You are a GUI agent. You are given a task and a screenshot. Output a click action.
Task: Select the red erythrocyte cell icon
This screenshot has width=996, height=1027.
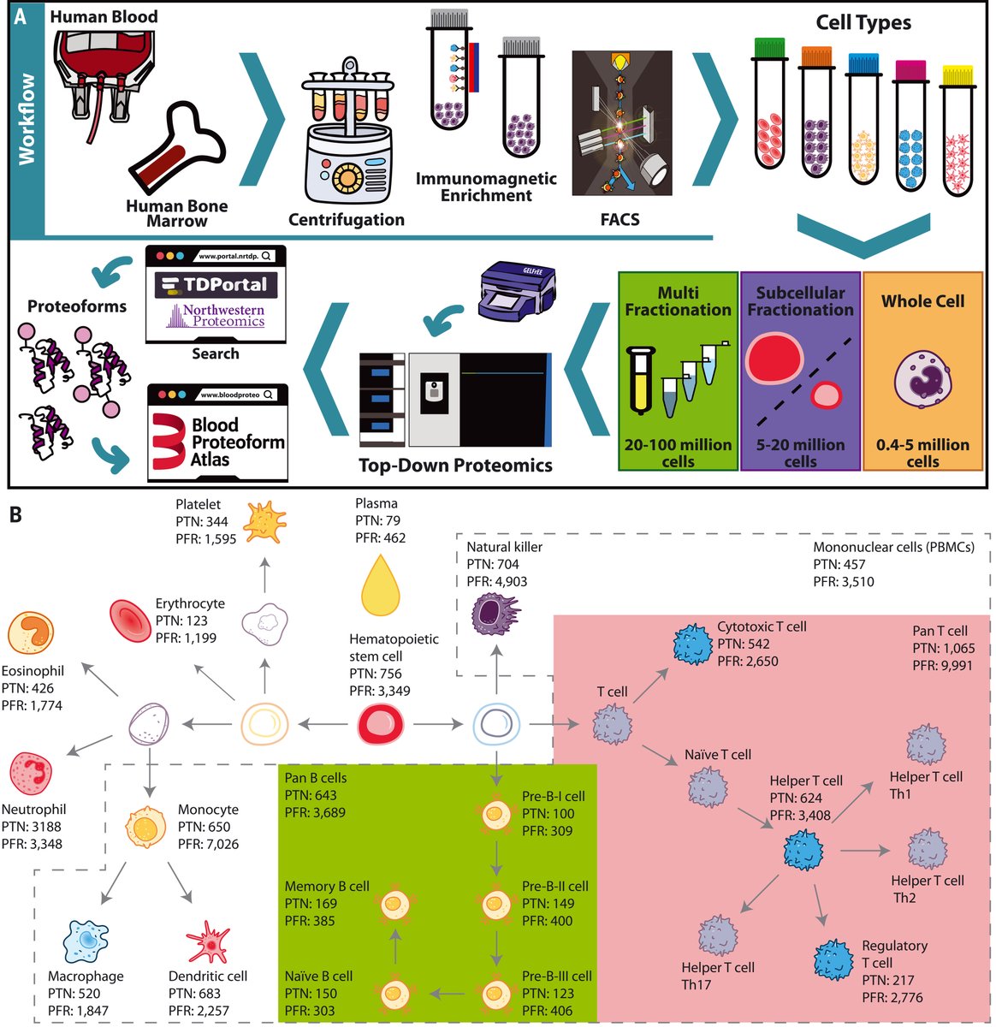click(x=130, y=620)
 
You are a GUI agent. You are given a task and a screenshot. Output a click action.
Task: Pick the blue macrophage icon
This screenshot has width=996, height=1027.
click(x=86, y=941)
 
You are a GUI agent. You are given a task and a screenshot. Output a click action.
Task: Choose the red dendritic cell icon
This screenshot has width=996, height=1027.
click(x=208, y=942)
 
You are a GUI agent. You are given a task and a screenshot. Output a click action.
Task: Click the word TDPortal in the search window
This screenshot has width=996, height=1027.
click(x=215, y=285)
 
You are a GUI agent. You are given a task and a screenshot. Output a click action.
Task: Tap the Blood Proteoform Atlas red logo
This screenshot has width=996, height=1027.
click(x=169, y=442)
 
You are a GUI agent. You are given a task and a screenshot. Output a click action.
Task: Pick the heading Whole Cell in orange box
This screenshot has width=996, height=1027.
click(x=922, y=301)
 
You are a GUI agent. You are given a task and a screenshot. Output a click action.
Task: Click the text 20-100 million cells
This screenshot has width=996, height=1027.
click(x=678, y=453)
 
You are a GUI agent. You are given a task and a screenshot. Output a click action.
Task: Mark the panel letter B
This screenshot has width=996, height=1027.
click(x=15, y=516)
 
